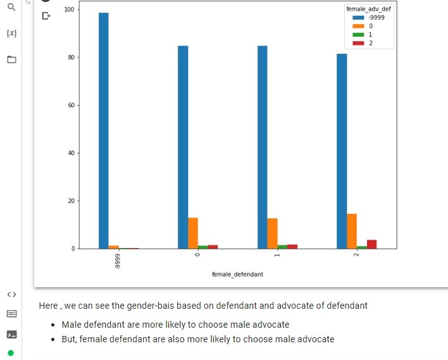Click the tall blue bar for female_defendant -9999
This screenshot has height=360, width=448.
coord(103,130)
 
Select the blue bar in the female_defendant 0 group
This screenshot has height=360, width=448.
coord(183,147)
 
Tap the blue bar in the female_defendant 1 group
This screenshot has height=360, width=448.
coord(262,147)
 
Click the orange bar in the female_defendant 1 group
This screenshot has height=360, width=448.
coord(272,233)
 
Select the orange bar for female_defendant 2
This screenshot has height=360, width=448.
coord(352,231)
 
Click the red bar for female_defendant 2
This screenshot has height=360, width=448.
coord(372,244)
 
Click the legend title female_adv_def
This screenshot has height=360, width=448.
coord(368,9)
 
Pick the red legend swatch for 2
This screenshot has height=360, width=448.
coord(358,43)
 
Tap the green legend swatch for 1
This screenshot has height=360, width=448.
coord(358,35)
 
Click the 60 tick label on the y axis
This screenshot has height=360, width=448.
coord(70,105)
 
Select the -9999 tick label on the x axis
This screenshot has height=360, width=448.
coord(118,261)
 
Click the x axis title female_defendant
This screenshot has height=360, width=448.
coord(237,275)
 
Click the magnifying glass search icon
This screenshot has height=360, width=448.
coord(11,8)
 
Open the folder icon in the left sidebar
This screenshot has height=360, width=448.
coord(11,59)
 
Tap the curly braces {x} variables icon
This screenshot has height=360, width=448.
coord(11,33)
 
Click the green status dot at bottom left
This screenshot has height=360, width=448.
coord(11,352)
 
